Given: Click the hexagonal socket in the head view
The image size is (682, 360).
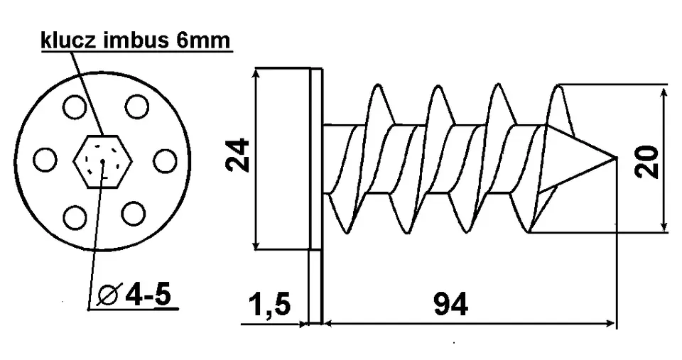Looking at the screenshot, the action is [x=102, y=161].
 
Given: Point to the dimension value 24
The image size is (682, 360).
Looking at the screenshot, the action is [x=239, y=156].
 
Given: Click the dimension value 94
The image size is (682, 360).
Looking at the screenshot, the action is [x=450, y=305].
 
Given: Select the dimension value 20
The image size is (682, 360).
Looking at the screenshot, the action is [x=646, y=162].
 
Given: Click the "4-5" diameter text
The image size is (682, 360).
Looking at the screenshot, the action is [x=148, y=296].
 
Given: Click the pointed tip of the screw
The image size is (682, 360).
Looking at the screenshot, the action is [x=617, y=158].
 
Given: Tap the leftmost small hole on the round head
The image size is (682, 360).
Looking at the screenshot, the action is [x=45, y=160].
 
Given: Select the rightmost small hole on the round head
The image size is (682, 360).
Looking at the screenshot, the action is [x=166, y=160].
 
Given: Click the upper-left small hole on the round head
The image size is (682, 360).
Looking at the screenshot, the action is [x=74, y=107].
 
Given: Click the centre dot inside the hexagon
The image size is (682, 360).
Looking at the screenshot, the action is [x=102, y=161].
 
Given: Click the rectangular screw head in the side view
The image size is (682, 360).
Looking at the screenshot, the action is [x=282, y=158].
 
